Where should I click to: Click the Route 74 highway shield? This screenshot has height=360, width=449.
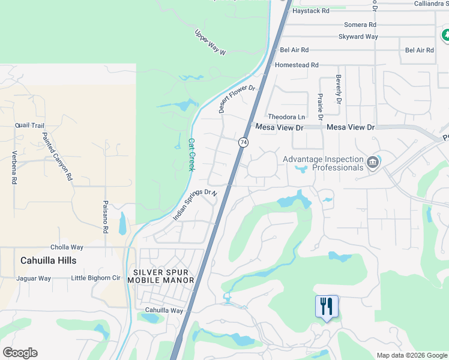tap(243, 142)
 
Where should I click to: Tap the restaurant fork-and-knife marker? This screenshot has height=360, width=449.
tap(327, 307)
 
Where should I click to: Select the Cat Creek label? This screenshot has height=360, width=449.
tap(192, 155)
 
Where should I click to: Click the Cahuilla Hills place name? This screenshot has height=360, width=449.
tap(48, 260)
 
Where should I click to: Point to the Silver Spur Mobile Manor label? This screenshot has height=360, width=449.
tap(161, 276)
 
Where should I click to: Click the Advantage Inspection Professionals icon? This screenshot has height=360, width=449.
tap(372, 163)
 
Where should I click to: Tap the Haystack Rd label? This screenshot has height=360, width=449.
tap(310, 11)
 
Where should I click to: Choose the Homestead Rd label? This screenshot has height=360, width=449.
tap(297, 65)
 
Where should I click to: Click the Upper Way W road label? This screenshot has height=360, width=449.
tap(209, 43)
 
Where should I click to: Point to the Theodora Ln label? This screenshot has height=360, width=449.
tap(286, 117)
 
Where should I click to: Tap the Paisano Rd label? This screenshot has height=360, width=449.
tap(104, 217)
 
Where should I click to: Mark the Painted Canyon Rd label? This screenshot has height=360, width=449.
tap(57, 157)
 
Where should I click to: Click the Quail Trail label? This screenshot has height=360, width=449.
tap(30, 125)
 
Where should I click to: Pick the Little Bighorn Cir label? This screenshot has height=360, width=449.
tap(95, 278)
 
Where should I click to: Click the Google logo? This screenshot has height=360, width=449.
tap(20, 353)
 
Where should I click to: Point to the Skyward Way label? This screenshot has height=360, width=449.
tap(358, 37)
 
